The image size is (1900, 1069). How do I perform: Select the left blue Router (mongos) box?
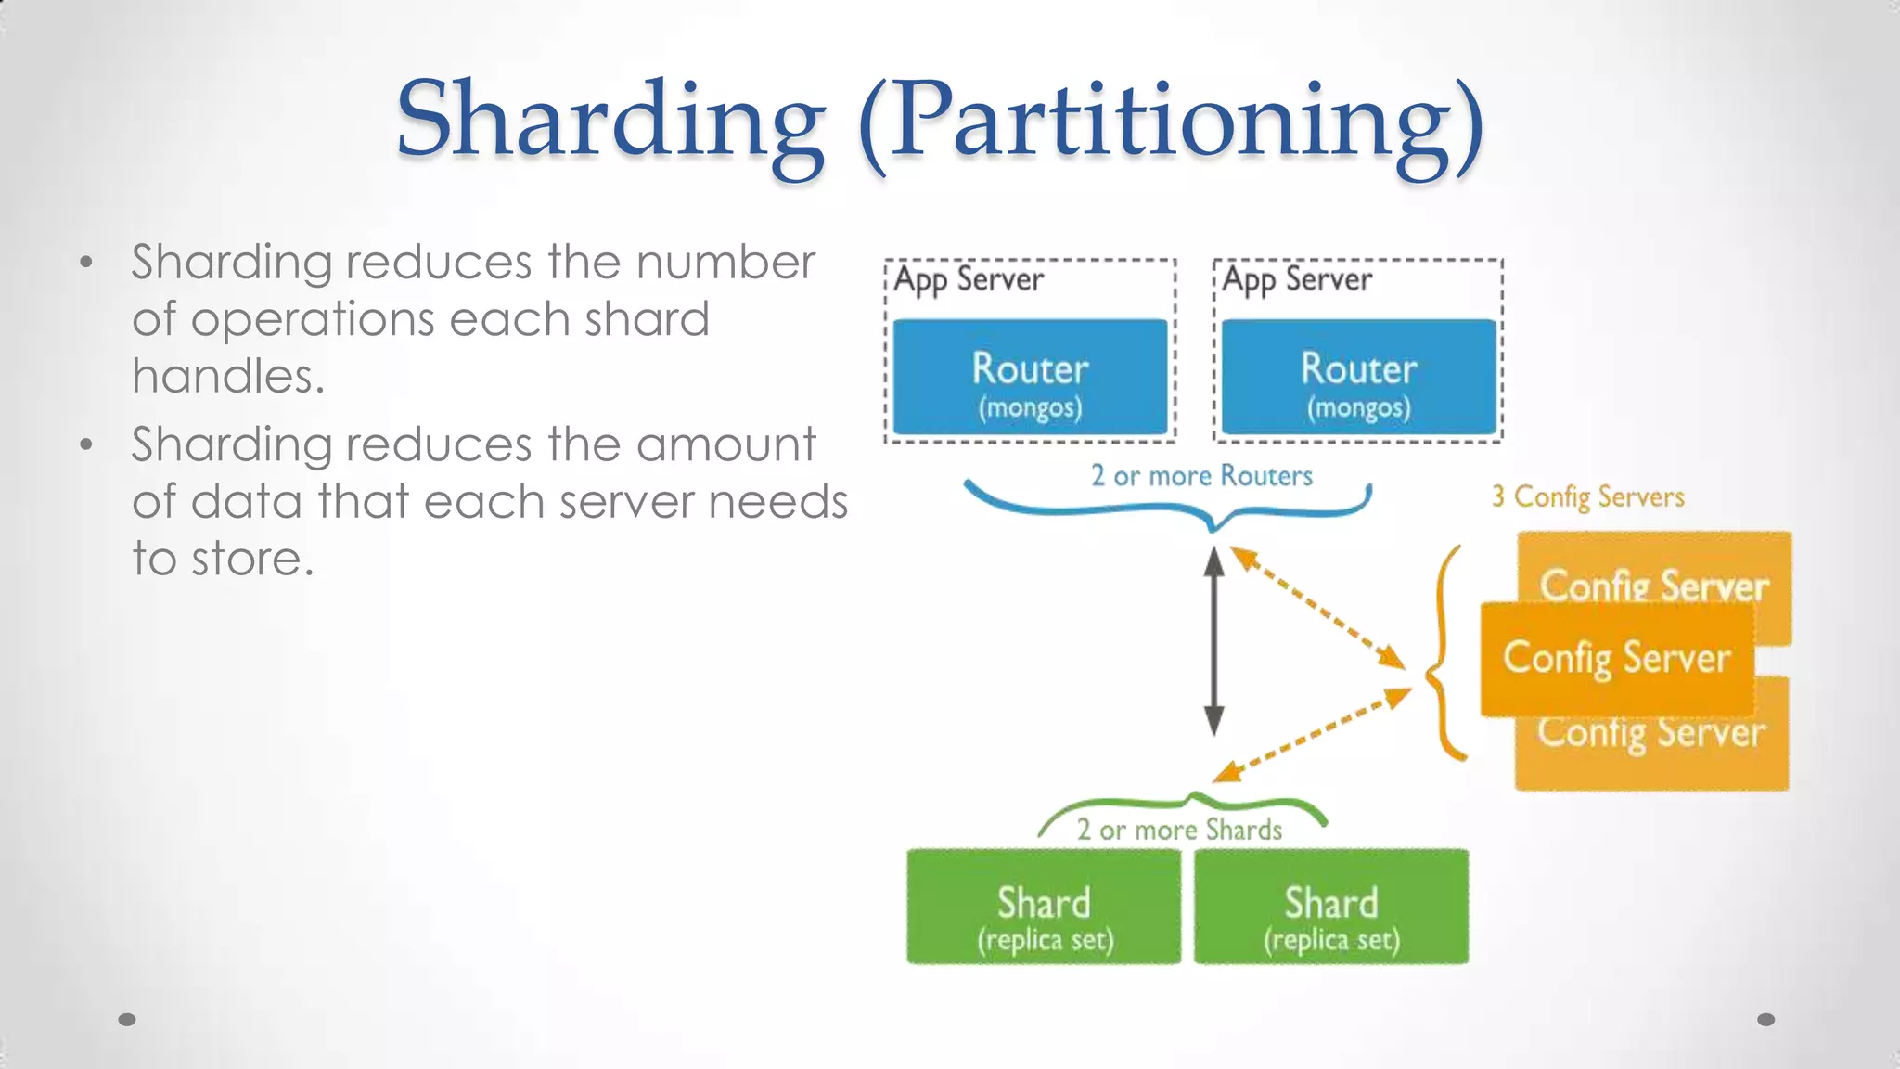coord(1030,377)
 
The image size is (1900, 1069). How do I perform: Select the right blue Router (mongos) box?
coord(1358,377)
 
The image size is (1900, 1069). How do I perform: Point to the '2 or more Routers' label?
coord(1201,476)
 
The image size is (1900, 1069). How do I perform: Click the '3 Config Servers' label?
coord(1587,497)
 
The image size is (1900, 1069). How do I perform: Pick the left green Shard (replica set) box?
coord(1044,907)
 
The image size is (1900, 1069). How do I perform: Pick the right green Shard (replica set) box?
coord(1331,907)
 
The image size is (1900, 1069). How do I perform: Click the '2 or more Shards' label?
coord(1179,830)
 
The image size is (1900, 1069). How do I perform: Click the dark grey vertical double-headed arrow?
coord(1213,640)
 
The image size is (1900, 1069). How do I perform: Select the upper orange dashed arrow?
coord(1317,607)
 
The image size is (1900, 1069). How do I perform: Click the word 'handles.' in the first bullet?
coord(228,377)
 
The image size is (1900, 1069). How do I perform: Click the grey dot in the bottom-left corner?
coord(127,1020)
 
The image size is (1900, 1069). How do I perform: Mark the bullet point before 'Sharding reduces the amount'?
coord(86,445)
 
